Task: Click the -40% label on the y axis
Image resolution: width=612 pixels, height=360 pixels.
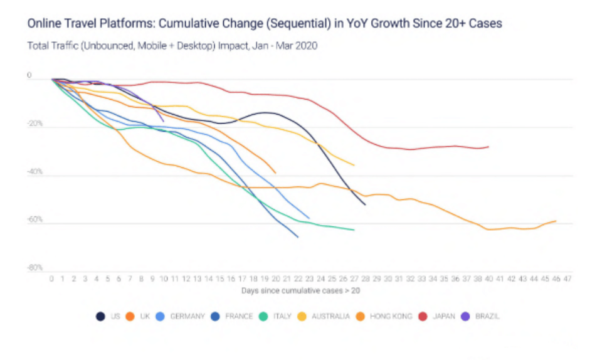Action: pyautogui.click(x=34, y=171)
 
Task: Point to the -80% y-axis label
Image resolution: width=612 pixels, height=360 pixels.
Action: pyautogui.click(x=34, y=268)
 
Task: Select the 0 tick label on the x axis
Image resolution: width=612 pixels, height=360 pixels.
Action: pyautogui.click(x=51, y=278)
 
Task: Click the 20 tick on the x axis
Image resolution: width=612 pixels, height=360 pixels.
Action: pyautogui.click(x=276, y=278)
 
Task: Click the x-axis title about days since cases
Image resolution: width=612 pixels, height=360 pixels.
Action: pyautogui.click(x=300, y=290)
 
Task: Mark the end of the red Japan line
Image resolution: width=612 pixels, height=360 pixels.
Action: pyautogui.click(x=488, y=147)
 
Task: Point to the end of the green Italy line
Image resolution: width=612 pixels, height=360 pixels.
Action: pyautogui.click(x=354, y=230)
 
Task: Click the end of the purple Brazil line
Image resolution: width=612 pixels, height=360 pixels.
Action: pyautogui.click(x=164, y=121)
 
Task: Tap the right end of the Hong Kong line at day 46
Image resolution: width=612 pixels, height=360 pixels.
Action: pyautogui.click(x=556, y=221)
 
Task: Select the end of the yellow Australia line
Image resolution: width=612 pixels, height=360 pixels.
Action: pyautogui.click(x=354, y=165)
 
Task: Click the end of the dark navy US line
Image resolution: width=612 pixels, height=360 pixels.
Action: pyautogui.click(x=366, y=204)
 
